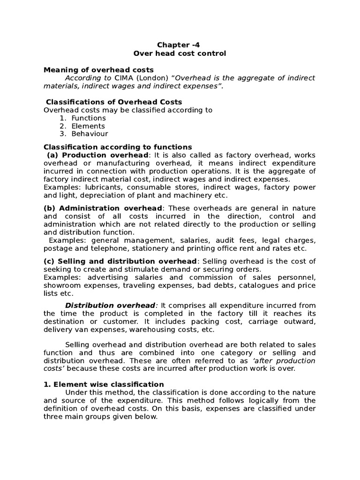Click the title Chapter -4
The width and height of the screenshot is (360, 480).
pyautogui.click(x=174, y=45)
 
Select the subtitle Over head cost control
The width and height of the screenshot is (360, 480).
pyautogui.click(x=180, y=53)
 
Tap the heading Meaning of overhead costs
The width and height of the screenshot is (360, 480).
pyautogui.click(x=98, y=69)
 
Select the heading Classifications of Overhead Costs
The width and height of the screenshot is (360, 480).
pyautogui.click(x=114, y=102)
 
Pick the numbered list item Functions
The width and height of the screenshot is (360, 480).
pyautogui.click(x=89, y=118)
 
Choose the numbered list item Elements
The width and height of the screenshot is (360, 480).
pyautogui.click(x=88, y=126)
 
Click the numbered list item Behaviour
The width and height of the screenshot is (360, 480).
pyautogui.click(x=90, y=134)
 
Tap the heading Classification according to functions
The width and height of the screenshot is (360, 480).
pyautogui.click(x=118, y=147)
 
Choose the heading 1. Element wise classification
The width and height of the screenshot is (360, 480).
pyautogui.click(x=104, y=384)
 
